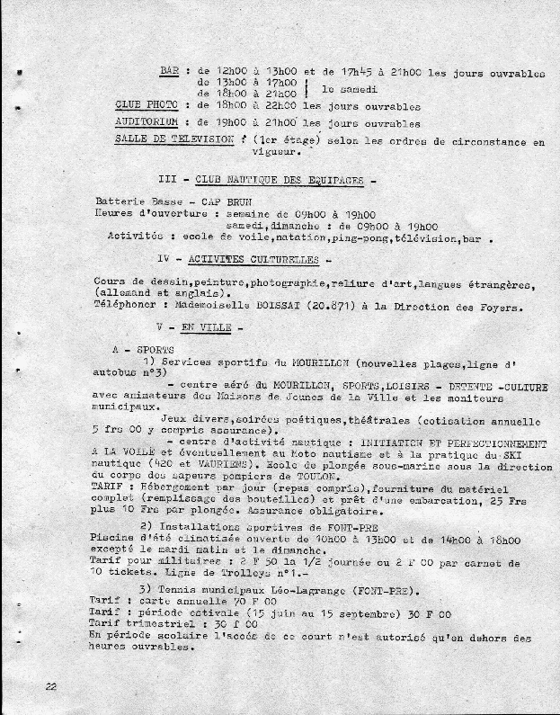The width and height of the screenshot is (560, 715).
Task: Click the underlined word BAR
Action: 169,71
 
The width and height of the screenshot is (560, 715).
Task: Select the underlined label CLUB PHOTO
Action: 147,105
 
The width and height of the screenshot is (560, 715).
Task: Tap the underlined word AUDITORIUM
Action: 147,123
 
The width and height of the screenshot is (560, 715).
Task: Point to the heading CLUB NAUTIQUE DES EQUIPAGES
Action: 278,180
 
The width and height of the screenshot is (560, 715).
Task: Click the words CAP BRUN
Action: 206,201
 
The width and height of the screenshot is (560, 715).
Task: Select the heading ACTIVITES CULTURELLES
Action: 253,259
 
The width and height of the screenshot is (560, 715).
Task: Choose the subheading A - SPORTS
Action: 145,348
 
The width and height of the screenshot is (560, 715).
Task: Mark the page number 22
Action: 51,685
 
